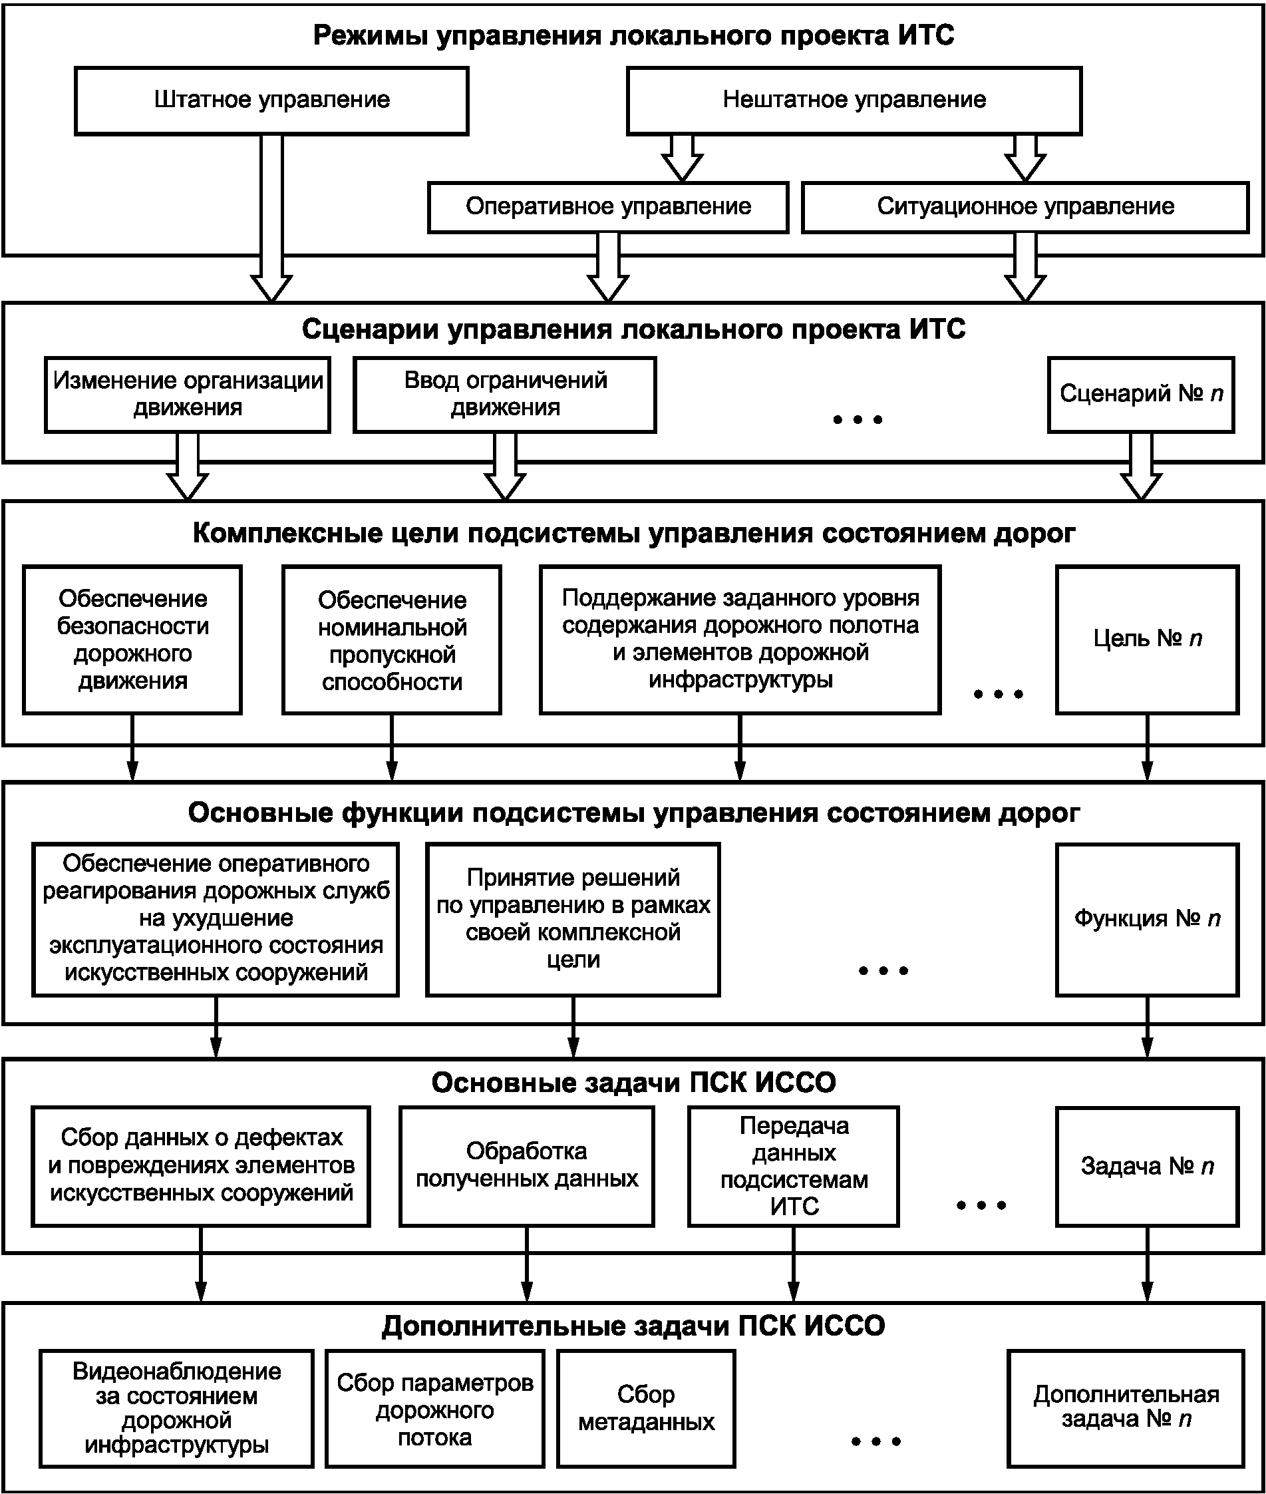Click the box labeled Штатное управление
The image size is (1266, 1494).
(x=271, y=100)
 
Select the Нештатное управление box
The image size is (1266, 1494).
(x=854, y=100)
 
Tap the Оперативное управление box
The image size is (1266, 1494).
(x=608, y=207)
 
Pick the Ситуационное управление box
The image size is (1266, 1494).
(x=1025, y=207)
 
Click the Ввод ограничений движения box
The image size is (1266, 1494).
(x=504, y=395)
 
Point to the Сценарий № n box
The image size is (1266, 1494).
(x=1140, y=395)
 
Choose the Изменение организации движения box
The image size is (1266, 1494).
(x=188, y=395)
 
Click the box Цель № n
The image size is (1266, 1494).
(x=1147, y=640)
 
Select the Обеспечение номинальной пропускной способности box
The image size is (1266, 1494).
(x=391, y=640)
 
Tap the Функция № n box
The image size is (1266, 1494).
(x=1147, y=919)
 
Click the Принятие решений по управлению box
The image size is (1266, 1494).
(x=573, y=919)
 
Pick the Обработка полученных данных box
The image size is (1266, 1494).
(x=527, y=1166)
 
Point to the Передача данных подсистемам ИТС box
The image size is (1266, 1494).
(x=793, y=1166)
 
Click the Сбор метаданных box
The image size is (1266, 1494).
(x=646, y=1409)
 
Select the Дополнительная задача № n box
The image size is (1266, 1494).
(x=1126, y=1409)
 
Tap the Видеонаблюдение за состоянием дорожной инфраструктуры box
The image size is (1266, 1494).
(x=176, y=1409)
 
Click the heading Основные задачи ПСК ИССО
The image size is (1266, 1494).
(x=633, y=1082)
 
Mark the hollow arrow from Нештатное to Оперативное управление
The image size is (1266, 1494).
(x=682, y=158)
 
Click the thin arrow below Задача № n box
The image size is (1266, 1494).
(x=1147, y=1264)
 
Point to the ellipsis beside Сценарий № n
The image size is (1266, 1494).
(x=857, y=419)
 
